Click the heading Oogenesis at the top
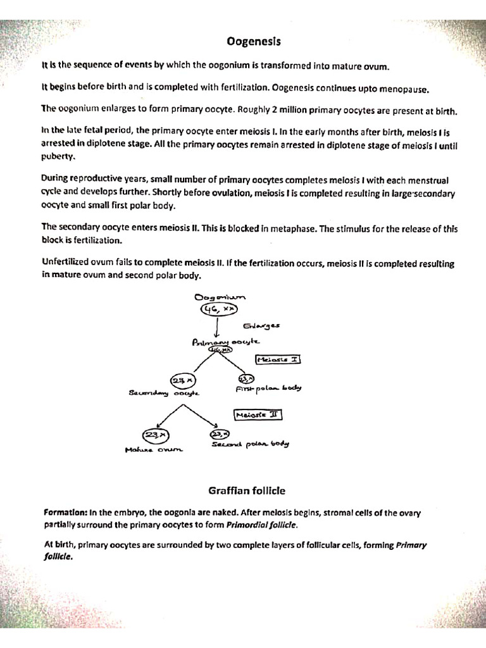pyautogui.click(x=253, y=42)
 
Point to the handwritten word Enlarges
pyautogui.click(x=261, y=326)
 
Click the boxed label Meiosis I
pyautogui.click(x=278, y=359)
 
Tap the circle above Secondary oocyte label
pyautogui.click(x=182, y=380)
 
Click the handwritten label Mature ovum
pyautogui.click(x=153, y=450)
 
